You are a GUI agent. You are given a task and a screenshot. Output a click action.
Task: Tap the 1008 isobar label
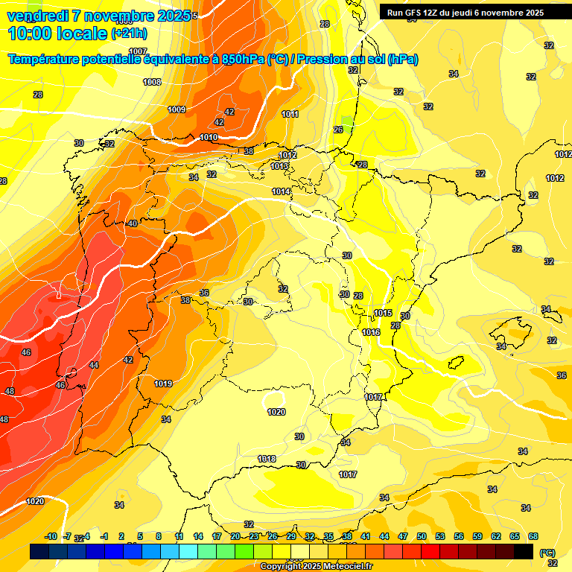click(x=152, y=82)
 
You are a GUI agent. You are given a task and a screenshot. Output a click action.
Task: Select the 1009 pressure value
click(x=177, y=109)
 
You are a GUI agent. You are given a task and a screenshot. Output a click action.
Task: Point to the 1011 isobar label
click(x=290, y=114)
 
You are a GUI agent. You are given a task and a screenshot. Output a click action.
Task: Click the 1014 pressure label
click(x=281, y=191)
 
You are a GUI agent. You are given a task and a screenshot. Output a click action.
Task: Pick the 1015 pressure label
click(x=383, y=313)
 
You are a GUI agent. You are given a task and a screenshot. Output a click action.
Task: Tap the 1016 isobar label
click(x=371, y=332)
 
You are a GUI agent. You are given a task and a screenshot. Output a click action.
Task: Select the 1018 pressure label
click(x=267, y=459)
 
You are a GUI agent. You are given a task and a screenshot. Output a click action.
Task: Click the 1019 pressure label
click(x=163, y=384)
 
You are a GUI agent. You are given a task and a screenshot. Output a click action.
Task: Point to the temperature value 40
click(x=133, y=223)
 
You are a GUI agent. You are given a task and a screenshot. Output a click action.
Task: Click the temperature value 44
click(x=94, y=365)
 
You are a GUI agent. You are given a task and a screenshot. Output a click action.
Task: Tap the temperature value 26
click(x=338, y=130)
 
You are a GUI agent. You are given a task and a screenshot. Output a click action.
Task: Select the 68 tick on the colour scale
click(x=533, y=536)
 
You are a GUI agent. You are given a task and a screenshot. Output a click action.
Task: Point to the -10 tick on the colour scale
click(x=51, y=536)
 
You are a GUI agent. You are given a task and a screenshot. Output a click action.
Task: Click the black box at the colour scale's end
click(x=524, y=551)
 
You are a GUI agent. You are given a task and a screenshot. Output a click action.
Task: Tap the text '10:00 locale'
click(x=57, y=34)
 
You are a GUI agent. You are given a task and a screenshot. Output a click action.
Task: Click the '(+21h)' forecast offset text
click(x=129, y=34)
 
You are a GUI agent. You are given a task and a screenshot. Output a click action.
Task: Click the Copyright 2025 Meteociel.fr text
click(x=316, y=566)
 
